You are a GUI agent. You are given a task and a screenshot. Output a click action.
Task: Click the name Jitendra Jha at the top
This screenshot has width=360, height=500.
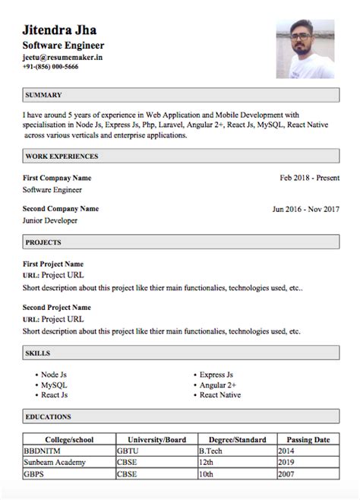click(x=65, y=30)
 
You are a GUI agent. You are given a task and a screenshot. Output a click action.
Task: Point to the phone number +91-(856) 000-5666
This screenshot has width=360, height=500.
click(x=50, y=67)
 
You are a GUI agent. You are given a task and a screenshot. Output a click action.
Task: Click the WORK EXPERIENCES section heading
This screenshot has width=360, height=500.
click(x=62, y=156)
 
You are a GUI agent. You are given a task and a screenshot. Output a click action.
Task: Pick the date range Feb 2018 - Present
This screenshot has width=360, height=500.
click(x=308, y=177)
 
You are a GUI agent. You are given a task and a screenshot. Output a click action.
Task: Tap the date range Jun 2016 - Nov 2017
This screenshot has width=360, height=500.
click(x=305, y=209)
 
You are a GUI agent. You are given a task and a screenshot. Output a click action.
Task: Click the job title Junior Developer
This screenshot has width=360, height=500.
click(x=50, y=220)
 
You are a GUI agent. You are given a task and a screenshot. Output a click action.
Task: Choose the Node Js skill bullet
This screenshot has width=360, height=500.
click(x=54, y=375)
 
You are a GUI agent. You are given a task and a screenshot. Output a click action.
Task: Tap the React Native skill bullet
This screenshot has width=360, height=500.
click(x=219, y=395)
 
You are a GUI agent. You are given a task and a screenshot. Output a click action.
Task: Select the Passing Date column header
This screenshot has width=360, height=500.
click(x=308, y=439)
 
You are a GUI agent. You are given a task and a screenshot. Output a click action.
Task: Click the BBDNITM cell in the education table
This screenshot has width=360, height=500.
click(x=43, y=451)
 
